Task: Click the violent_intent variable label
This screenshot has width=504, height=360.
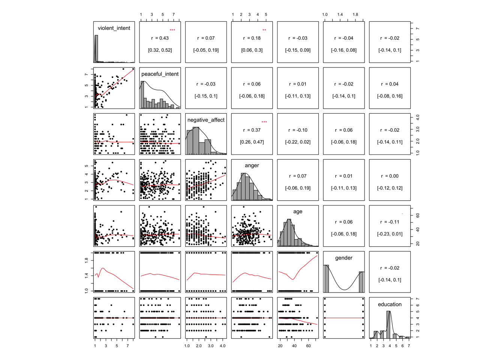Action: (114, 28)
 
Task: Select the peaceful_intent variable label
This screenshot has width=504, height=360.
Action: (160, 74)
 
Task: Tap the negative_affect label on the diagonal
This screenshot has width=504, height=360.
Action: (206, 120)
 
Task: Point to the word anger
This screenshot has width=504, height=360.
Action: (252, 165)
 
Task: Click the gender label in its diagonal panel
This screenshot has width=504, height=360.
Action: (343, 258)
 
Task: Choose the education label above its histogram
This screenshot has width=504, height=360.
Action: (390, 304)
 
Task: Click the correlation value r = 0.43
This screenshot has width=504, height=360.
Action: (160, 38)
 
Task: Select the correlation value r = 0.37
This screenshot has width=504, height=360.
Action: (252, 130)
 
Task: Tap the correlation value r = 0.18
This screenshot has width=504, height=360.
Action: (252, 38)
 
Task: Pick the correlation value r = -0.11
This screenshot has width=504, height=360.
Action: (390, 222)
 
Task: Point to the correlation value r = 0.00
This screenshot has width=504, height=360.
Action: (390, 176)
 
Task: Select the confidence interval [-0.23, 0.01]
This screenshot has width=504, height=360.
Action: (390, 234)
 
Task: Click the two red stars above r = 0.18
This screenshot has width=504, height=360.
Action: (264, 30)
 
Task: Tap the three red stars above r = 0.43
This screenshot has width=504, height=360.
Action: (172, 30)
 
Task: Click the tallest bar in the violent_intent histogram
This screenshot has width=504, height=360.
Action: (96, 49)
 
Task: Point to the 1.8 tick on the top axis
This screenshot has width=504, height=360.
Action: (355, 15)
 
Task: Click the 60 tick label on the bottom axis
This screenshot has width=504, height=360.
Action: (308, 346)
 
